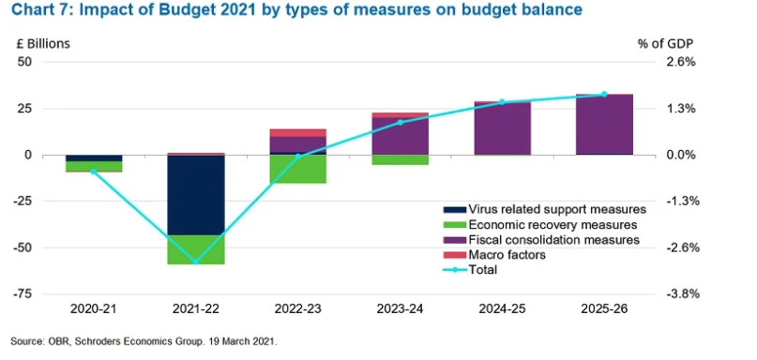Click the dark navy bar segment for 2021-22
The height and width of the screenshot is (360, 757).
(196, 195)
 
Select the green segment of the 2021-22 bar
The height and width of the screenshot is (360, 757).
(196, 249)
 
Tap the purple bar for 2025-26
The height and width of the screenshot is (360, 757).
(604, 125)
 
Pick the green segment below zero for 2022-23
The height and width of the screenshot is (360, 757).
(298, 169)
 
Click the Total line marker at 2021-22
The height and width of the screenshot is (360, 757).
(196, 262)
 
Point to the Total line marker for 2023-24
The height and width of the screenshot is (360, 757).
(401, 123)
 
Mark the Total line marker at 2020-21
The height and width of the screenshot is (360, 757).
(94, 172)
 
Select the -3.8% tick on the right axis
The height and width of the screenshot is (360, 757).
(682, 294)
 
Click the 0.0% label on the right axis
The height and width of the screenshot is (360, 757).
(681, 155)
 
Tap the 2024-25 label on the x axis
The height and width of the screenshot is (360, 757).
(503, 308)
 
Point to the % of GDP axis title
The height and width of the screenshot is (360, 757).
(666, 43)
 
